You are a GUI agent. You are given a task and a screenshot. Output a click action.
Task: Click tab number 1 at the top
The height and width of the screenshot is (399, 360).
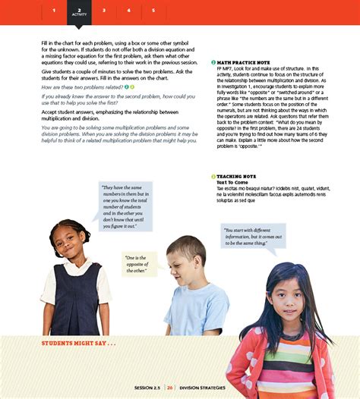(54, 11)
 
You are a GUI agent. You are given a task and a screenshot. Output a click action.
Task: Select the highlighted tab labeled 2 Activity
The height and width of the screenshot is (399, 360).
(79, 11)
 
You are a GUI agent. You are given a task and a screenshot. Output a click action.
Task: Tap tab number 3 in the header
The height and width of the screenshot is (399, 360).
(104, 11)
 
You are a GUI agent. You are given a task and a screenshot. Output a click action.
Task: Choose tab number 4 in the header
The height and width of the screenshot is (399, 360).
(129, 11)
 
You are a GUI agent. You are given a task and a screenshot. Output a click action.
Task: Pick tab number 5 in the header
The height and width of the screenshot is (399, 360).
(153, 11)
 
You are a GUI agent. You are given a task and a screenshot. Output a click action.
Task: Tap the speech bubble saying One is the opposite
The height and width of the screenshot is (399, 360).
(139, 264)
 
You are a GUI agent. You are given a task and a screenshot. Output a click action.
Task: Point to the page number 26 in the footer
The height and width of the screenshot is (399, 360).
(171, 388)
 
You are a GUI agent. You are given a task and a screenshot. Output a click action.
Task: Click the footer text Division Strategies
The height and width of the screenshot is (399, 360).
(201, 388)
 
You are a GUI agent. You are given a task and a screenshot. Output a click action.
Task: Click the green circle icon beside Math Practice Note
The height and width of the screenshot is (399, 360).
(213, 62)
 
